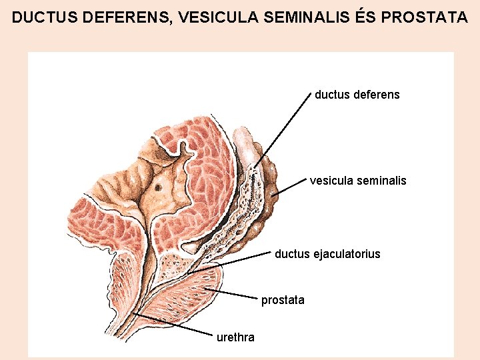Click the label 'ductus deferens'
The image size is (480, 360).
click(x=357, y=95)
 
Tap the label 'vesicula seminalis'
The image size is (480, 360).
click(x=358, y=181)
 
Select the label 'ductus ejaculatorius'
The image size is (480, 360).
click(x=327, y=254)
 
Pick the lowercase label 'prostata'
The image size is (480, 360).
click(x=283, y=300)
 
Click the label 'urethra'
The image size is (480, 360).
click(x=235, y=337)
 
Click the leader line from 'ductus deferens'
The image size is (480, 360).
click(x=283, y=129)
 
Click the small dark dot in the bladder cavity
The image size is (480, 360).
click(x=158, y=187)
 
